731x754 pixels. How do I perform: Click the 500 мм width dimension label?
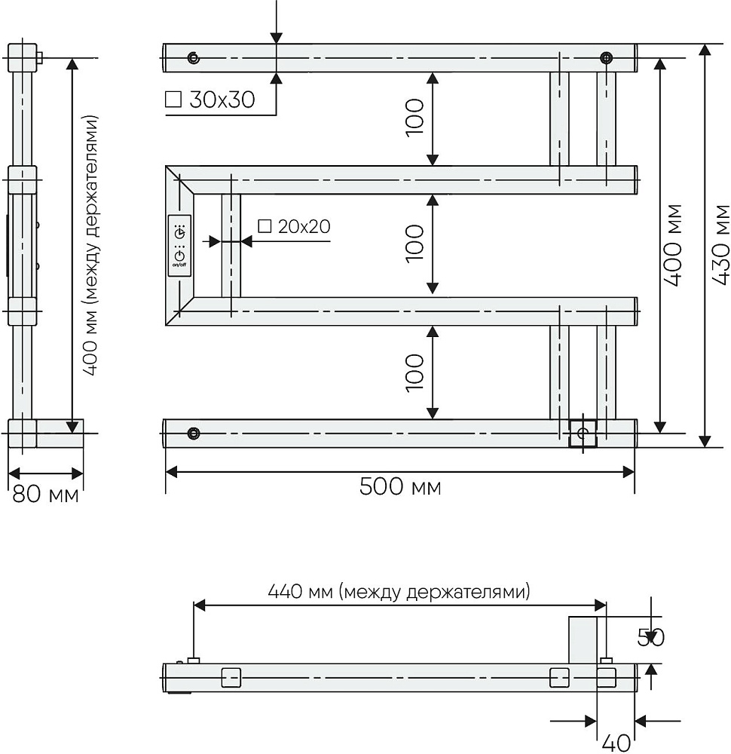tap(400, 486)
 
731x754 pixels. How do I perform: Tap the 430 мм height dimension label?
tap(720, 246)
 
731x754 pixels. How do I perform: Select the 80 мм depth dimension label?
tap(45, 494)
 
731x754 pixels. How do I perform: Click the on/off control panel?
tap(179, 246)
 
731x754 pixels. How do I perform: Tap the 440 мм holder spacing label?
tap(399, 591)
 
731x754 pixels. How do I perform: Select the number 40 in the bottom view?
tap(616, 743)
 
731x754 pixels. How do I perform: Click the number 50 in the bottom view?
tap(650, 637)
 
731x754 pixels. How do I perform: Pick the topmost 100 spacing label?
tap(414, 118)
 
